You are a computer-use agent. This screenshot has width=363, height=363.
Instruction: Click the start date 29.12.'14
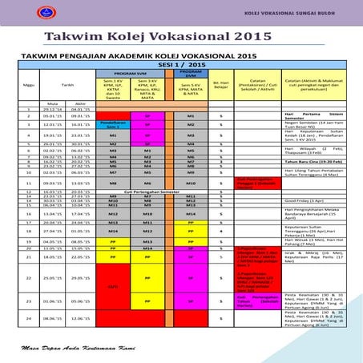point(53,110)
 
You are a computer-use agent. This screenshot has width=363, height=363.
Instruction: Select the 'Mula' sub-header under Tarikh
point(53,104)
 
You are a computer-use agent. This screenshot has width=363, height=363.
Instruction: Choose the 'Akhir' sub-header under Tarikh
point(80,104)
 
